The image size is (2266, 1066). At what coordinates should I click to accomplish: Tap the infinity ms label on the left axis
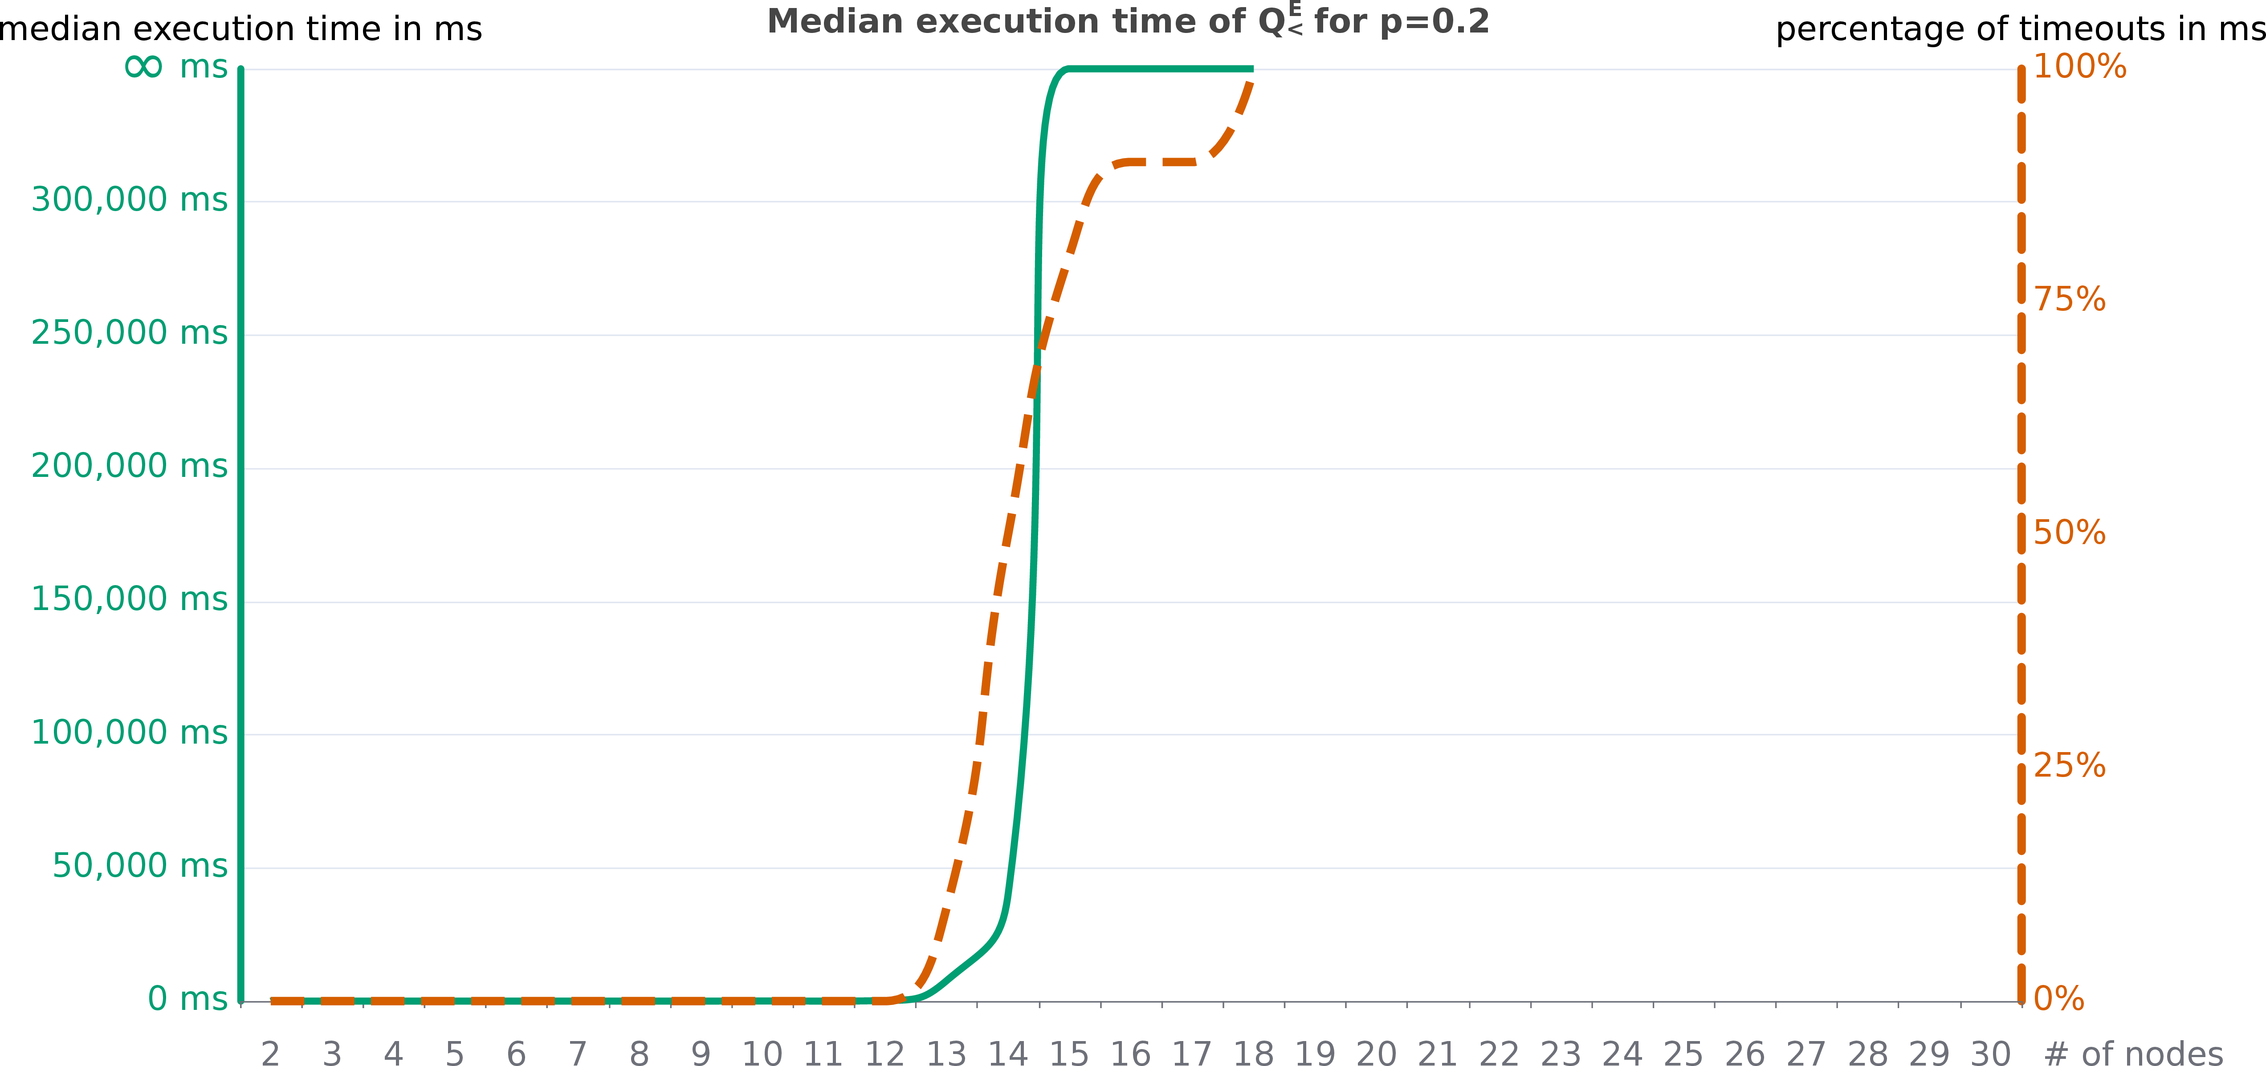[x=176, y=67]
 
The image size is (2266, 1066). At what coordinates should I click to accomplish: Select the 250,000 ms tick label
[x=129, y=334]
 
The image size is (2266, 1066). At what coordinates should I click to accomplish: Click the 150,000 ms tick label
[x=129, y=600]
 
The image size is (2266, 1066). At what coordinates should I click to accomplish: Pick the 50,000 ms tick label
[x=140, y=867]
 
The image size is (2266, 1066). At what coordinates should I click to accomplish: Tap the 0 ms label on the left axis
[x=187, y=999]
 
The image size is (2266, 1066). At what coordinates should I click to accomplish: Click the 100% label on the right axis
[x=2079, y=67]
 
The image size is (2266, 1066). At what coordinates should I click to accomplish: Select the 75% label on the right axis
[x=2069, y=300]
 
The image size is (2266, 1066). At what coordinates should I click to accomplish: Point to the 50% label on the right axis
[x=2069, y=533]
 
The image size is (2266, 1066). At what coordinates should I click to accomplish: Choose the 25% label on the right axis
[x=2069, y=766]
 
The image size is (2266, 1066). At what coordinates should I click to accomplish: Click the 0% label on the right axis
[x=2058, y=999]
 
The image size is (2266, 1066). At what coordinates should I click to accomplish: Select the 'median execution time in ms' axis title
[x=240, y=29]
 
